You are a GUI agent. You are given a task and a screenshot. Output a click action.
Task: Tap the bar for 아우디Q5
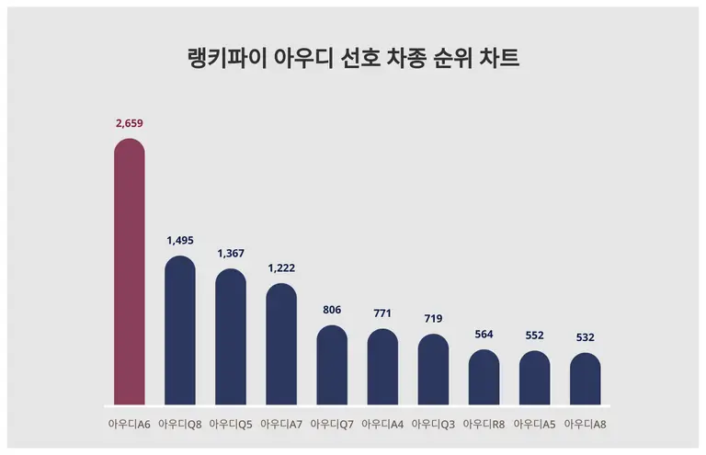(x=231, y=337)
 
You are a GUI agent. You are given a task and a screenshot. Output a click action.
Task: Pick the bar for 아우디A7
(x=281, y=345)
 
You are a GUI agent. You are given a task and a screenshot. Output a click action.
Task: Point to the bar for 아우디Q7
(x=332, y=366)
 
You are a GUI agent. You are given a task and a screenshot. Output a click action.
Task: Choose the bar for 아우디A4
(x=382, y=368)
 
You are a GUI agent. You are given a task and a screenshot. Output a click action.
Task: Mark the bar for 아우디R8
(x=484, y=378)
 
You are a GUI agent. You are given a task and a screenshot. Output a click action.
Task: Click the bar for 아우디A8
(x=585, y=379)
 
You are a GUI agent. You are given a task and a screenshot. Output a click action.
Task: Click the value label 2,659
(x=130, y=123)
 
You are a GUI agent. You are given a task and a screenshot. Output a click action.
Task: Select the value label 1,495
(x=180, y=240)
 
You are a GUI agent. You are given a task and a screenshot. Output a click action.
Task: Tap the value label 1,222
(x=281, y=267)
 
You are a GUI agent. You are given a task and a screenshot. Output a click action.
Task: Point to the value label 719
(x=433, y=318)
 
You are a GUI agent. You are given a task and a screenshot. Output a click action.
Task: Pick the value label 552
(x=534, y=335)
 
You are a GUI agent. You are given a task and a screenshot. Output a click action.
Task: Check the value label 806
(x=332, y=310)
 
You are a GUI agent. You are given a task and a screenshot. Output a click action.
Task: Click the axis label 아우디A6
(x=130, y=424)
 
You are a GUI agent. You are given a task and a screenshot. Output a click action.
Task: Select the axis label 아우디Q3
(x=433, y=424)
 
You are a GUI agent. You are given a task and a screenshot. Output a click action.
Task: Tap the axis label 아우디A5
(x=534, y=424)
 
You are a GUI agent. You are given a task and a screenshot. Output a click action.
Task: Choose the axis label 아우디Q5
(x=231, y=424)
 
